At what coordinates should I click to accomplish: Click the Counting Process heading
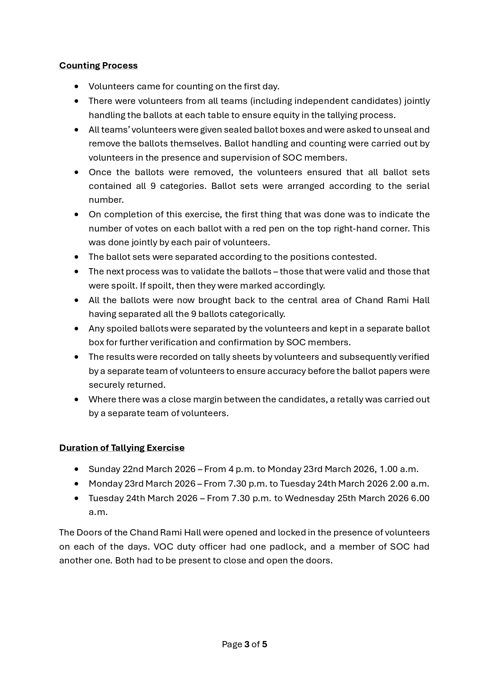pos(98,65)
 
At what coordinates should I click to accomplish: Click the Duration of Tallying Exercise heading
pos(122,448)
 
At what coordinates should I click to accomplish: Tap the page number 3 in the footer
pos(247,644)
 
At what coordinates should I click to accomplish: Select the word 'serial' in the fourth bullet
pos(417,186)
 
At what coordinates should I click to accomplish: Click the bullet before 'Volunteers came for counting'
pos(76,86)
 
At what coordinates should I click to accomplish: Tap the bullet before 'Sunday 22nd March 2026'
pos(76,469)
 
